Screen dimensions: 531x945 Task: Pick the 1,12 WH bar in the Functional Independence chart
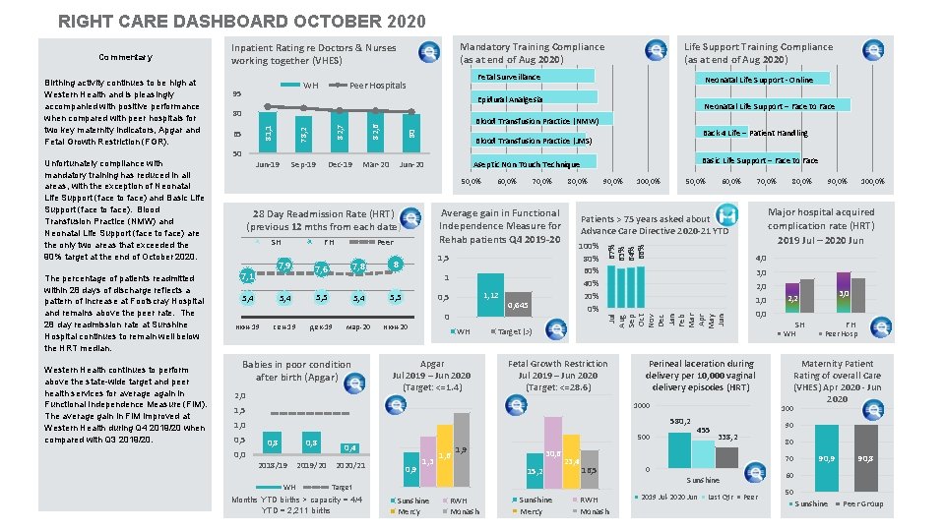[489, 296]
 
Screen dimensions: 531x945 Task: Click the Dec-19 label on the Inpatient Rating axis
[340, 164]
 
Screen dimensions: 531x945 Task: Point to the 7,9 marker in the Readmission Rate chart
[284, 265]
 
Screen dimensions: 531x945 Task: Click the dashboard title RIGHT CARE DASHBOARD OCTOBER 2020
[242, 21]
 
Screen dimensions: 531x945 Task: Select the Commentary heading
[125, 58]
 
